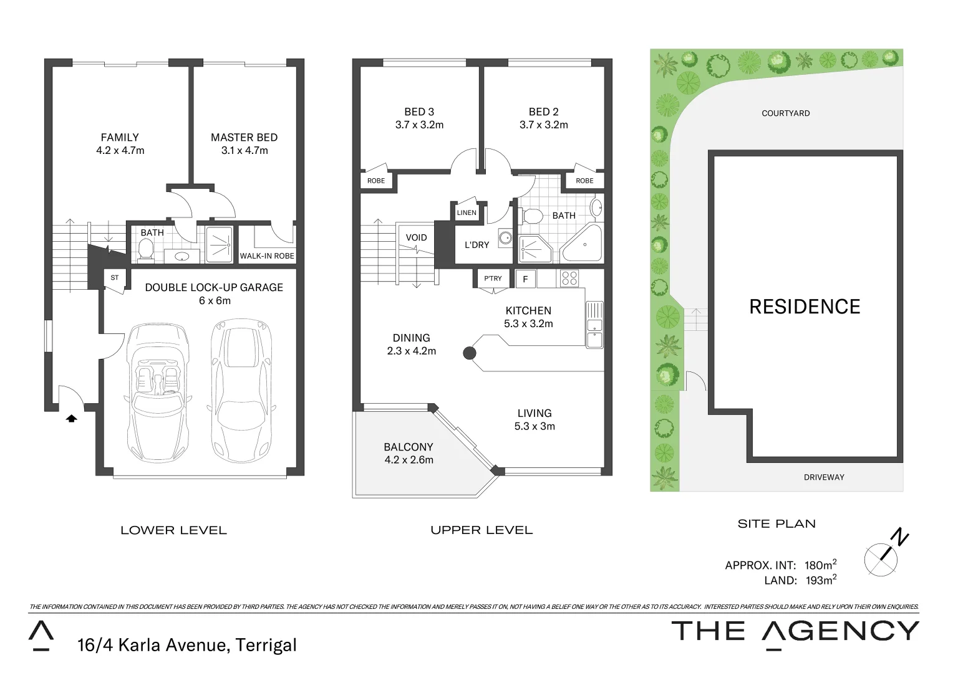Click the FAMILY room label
pos(120,137)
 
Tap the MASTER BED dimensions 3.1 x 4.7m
pos(244,151)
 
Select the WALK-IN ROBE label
pos(267,256)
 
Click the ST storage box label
pos(115,278)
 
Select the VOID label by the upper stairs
pos(416,237)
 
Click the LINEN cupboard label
pos(467,212)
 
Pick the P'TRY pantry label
pos(493,279)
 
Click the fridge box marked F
pos(525,279)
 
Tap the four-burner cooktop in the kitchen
pos(569,278)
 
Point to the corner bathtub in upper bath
pos(583,246)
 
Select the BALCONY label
pos(409,447)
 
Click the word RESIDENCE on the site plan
pos(805,307)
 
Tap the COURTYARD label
pos(785,113)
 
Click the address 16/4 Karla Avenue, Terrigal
pos(186,644)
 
